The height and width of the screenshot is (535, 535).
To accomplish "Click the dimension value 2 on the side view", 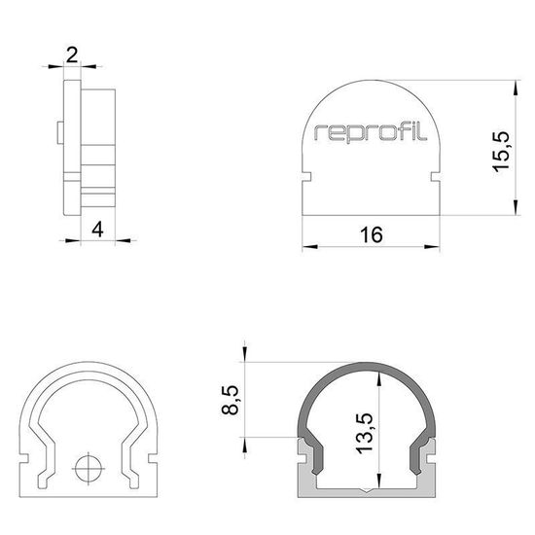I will point(72,54).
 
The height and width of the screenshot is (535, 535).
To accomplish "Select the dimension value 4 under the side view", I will point(96,230).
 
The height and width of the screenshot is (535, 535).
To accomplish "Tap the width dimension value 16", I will point(370,233).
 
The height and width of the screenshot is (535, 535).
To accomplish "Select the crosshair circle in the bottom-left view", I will point(89,466).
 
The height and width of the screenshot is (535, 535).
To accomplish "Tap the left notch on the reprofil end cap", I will point(305,178).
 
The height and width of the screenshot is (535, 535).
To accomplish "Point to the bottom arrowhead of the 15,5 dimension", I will point(514,206).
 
